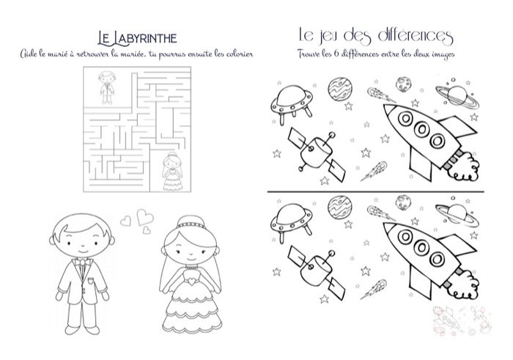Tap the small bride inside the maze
tap(174, 168)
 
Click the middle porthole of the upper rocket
tap(421, 130)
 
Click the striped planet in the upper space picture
tap(338, 89)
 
